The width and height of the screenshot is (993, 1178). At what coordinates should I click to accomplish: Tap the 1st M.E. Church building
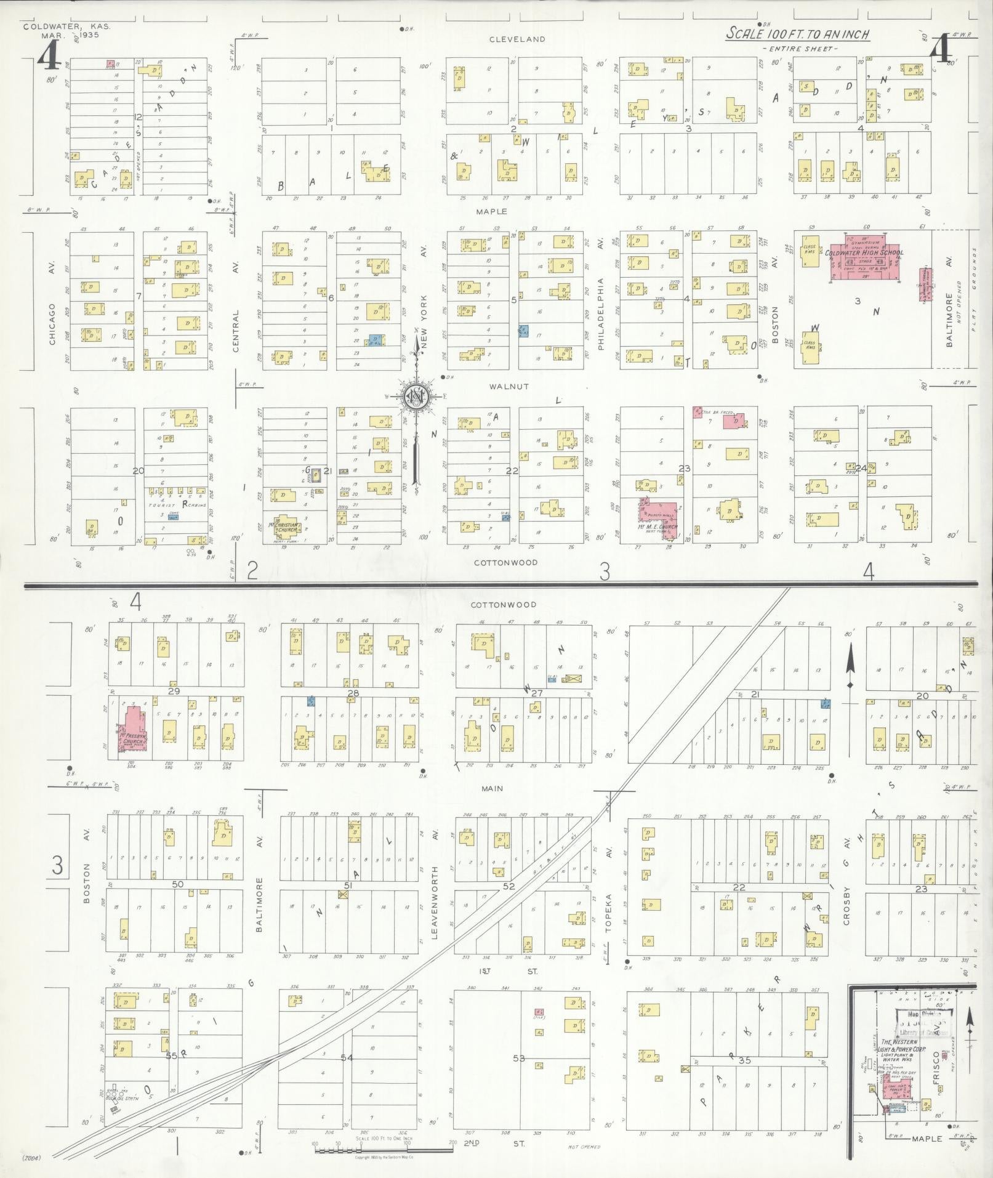[658, 517]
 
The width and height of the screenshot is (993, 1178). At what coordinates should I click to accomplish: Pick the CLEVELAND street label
[517, 39]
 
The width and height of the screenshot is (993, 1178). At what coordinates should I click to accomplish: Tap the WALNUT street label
[509, 387]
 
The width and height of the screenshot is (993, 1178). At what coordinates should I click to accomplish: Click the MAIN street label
[492, 788]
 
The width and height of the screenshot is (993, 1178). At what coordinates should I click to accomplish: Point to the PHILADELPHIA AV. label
[601, 296]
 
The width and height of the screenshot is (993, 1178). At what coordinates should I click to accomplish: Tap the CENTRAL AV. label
[236, 308]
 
